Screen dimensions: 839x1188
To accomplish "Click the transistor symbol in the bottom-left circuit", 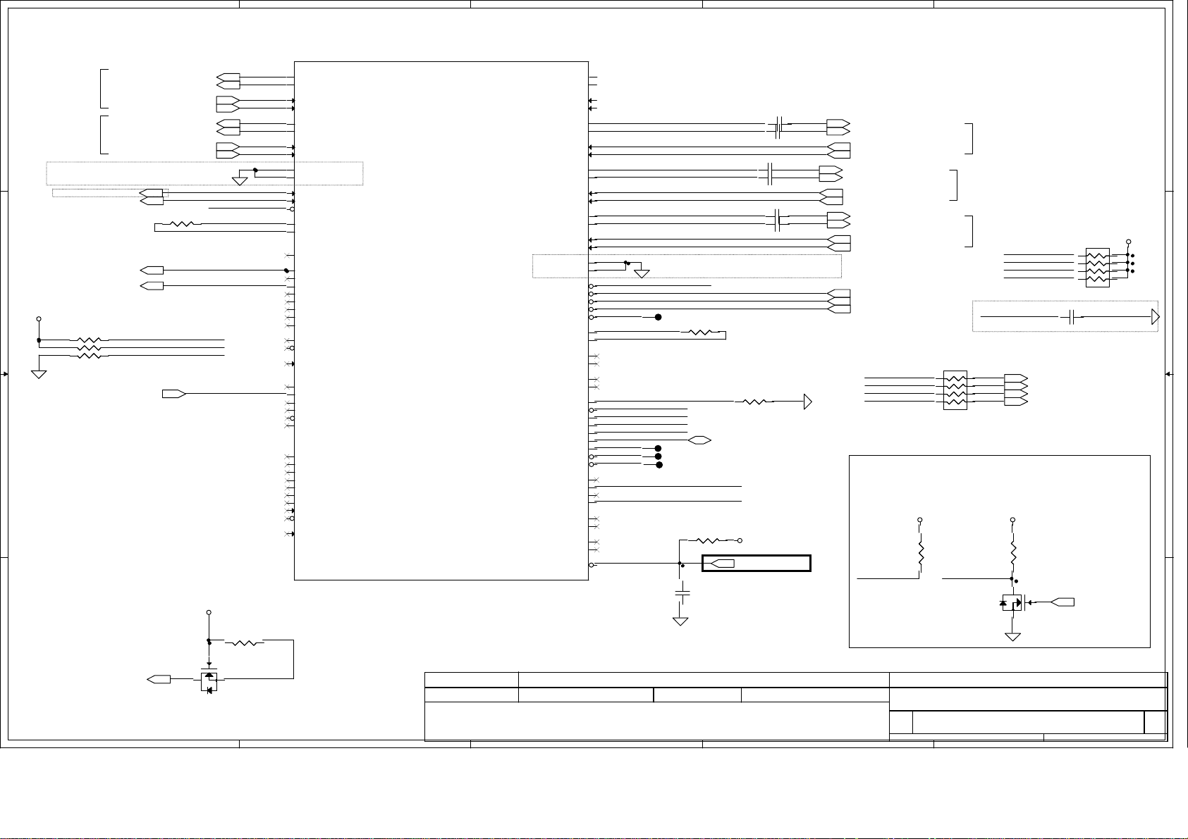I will (209, 681).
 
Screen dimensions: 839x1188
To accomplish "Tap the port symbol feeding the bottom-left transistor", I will (159, 679).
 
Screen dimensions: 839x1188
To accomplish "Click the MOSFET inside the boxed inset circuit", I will (1012, 603).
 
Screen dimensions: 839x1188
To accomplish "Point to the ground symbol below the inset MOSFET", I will (1013, 636).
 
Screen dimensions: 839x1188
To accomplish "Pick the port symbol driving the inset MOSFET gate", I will (1063, 602).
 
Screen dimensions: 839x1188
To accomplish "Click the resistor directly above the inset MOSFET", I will (1013, 555).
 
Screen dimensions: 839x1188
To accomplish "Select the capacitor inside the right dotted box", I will (1072, 317).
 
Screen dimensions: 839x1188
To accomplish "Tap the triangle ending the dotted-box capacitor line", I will (1155, 317).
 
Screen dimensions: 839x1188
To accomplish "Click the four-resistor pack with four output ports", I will (955, 390).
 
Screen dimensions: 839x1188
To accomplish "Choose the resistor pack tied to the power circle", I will (1098, 267).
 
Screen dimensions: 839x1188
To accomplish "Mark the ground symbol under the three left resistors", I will (39, 373).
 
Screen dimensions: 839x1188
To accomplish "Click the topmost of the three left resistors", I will (93, 340).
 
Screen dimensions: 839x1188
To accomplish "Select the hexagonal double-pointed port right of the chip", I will (699, 440).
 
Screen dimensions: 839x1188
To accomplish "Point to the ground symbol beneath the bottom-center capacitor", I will (680, 621).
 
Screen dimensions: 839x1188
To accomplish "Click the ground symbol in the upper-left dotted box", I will (240, 181).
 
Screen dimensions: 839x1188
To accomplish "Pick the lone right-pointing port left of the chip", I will (173, 393).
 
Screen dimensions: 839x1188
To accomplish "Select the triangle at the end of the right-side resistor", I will (808, 402).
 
